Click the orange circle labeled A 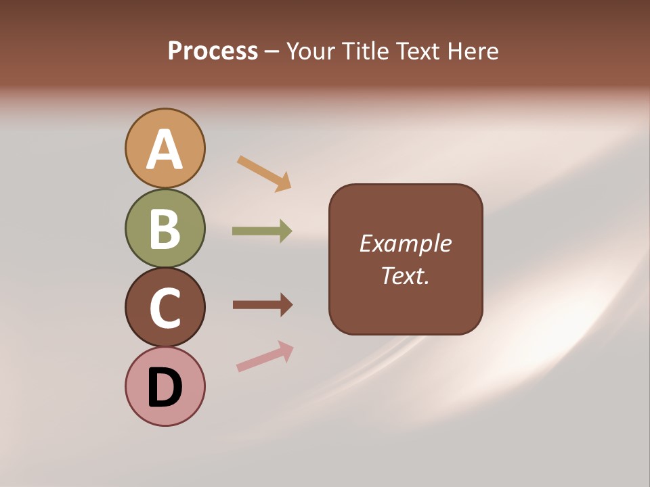tap(165, 129)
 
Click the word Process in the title tap(213, 51)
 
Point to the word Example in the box tap(405, 243)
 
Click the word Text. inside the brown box tap(405, 275)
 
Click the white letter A tap(165, 149)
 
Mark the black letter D tap(165, 387)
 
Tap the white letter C tap(165, 308)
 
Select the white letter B tap(165, 229)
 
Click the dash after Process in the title tap(272, 52)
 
